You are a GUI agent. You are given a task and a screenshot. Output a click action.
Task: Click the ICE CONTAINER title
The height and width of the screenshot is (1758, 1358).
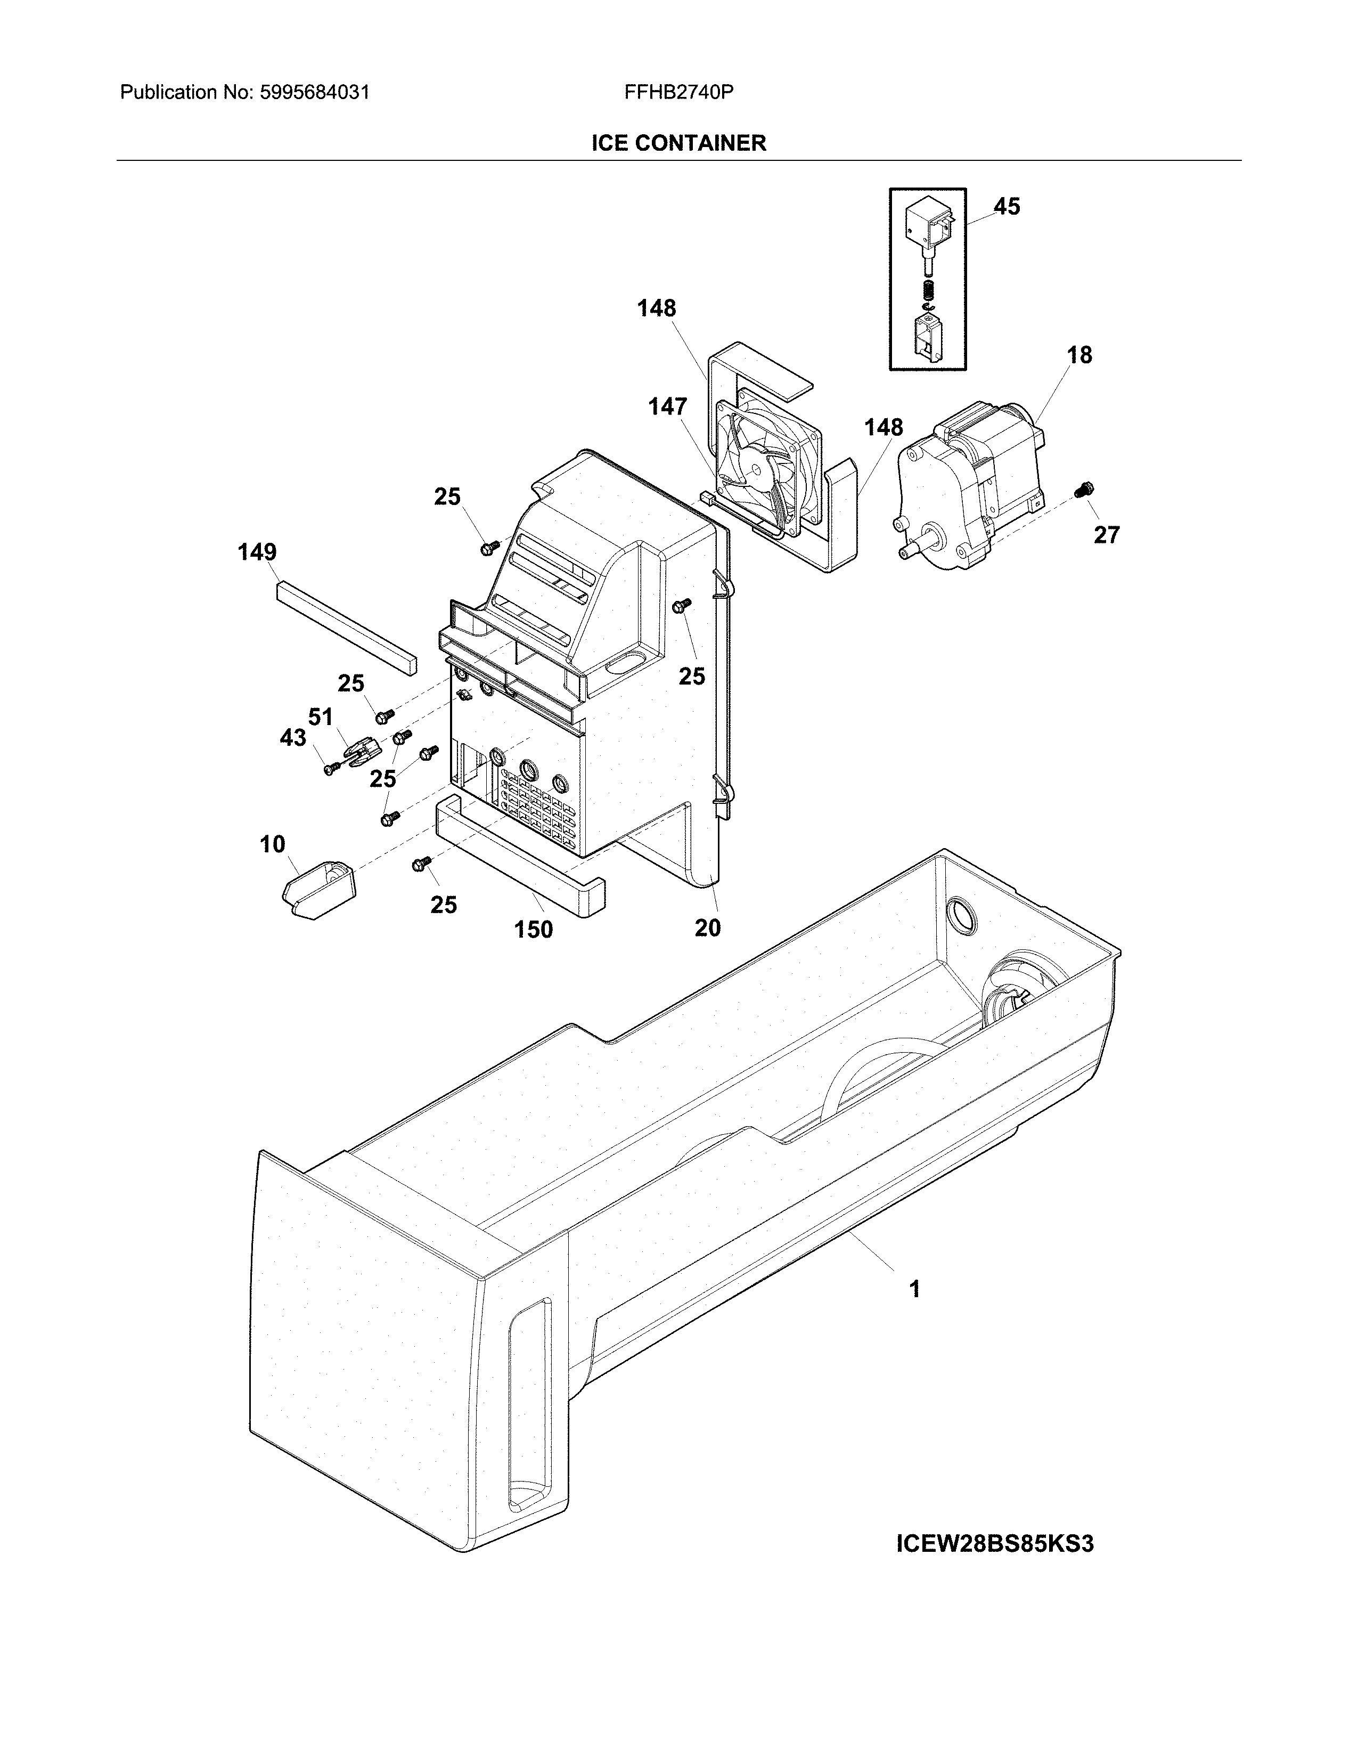click(x=678, y=143)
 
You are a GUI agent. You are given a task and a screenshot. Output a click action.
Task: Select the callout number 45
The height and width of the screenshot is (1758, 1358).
click(x=1007, y=207)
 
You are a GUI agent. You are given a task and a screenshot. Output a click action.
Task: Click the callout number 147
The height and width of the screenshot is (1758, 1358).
click(x=668, y=408)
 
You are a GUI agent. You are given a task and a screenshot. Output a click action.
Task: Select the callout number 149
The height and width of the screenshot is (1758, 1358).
click(x=257, y=552)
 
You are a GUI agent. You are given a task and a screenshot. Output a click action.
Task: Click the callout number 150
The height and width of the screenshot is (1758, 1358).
click(x=534, y=930)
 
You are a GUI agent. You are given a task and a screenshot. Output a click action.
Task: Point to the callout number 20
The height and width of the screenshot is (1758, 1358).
click(x=707, y=928)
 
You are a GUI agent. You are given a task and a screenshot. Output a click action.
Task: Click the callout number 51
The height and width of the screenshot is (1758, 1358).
click(x=320, y=717)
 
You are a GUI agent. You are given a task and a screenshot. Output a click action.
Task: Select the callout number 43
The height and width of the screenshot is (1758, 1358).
click(x=293, y=737)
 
